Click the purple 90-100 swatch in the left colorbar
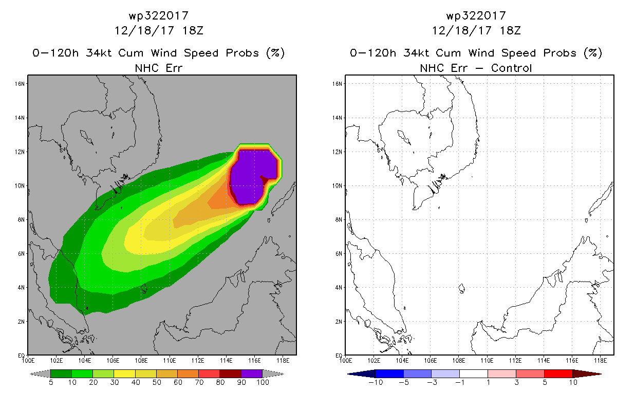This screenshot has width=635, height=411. point(252,373)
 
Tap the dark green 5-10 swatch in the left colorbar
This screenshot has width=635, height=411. point(61,373)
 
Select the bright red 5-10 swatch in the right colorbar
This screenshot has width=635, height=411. point(558,373)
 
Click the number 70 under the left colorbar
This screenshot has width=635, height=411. point(199,382)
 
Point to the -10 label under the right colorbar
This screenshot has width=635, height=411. point(376,382)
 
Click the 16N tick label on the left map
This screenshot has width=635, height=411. point(20,84)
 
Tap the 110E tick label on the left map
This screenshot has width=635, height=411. point(169,361)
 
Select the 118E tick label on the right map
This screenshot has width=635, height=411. point(600,361)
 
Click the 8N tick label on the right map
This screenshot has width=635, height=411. point(339,220)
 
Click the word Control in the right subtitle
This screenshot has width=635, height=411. point(511,68)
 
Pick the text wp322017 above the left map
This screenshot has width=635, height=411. point(159,16)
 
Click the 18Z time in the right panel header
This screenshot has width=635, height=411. point(510,31)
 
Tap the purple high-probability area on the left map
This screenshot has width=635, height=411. point(250,176)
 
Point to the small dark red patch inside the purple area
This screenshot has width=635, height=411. point(265,180)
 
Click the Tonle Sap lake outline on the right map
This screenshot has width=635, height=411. point(404,137)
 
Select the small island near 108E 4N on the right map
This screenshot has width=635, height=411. point(461,289)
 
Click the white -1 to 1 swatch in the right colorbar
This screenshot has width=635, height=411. point(473,373)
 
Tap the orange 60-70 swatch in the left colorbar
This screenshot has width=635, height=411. point(188,373)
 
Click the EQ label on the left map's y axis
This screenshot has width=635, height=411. point(21,356)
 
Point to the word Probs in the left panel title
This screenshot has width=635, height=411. point(242,53)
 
